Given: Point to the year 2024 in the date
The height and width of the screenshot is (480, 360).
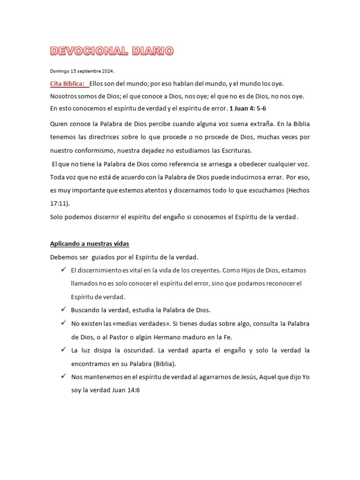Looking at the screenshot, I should click(x=107, y=71).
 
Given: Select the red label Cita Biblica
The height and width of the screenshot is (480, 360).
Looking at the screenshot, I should click(x=68, y=83).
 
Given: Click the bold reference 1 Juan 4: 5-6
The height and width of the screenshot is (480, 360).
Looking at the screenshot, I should click(x=248, y=108).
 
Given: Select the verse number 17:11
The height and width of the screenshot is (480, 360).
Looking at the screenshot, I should click(x=59, y=204).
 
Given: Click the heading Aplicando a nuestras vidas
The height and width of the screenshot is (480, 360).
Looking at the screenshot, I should click(x=89, y=244).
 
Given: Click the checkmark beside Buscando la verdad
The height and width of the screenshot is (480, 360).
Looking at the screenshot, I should click(x=63, y=310).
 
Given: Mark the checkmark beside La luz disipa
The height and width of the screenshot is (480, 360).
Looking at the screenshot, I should click(x=63, y=350).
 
